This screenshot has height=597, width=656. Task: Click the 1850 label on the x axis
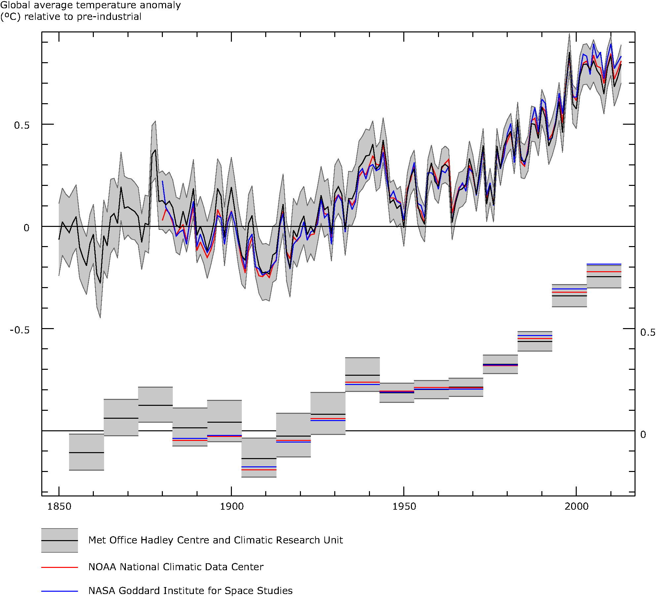coord(59,506)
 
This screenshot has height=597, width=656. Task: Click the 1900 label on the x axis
coord(232,506)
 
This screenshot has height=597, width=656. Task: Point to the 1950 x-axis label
coord(404,506)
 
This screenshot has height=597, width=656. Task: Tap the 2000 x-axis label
coord(576,506)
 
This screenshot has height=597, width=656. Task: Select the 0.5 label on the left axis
coord(21,125)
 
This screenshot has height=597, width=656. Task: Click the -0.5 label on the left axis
coord(19,330)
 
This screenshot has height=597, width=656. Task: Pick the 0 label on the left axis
coord(26,228)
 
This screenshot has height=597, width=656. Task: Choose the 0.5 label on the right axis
coord(647,332)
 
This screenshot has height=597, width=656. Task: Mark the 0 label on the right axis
coord(643,435)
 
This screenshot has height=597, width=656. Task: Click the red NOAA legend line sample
coord(59,567)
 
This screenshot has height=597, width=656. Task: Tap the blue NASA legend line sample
coord(59,591)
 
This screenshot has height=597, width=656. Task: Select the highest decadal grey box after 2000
coord(604,276)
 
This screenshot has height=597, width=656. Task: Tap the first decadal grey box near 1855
coord(87,452)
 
